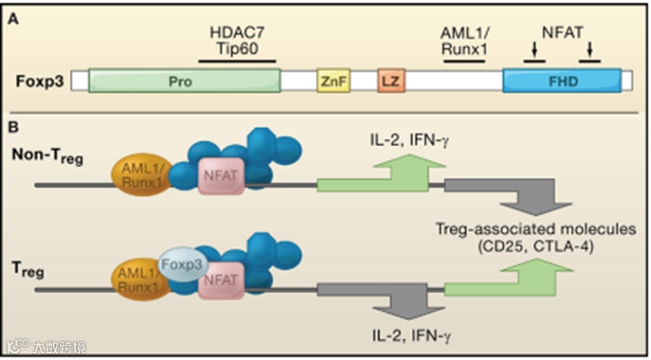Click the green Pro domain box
185,81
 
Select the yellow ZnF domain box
334,81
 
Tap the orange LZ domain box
391,81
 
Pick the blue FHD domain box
562,81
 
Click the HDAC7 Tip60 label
237,40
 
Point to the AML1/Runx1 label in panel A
465,40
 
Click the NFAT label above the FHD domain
563,32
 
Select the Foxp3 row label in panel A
40,81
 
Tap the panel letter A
14,20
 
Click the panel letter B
13,127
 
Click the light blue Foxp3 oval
183,265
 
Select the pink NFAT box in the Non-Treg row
221,176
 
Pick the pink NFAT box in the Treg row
221,280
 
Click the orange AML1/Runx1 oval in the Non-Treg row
142,175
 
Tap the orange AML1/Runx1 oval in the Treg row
141,279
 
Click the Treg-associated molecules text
536,229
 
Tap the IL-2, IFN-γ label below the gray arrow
410,335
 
